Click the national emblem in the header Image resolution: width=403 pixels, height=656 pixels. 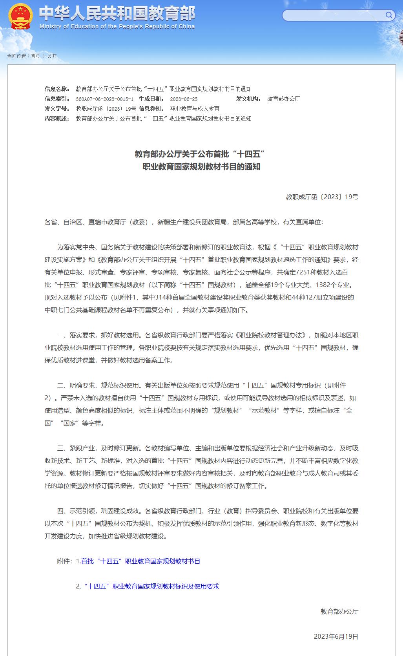(x=20, y=16)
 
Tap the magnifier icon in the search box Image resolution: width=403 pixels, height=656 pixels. (x=388, y=15)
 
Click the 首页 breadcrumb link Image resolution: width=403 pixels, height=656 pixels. (x=35, y=56)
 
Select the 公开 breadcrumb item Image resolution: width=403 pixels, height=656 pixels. (x=52, y=56)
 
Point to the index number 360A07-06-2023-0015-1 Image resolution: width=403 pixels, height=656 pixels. (x=104, y=99)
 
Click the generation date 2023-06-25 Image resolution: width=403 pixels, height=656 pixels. (x=184, y=99)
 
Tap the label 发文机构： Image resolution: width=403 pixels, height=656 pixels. (x=249, y=99)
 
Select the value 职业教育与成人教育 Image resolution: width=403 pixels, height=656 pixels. (x=195, y=109)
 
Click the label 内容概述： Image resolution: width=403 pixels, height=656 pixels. (x=57, y=119)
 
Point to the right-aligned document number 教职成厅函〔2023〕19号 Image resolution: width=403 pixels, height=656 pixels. (x=322, y=197)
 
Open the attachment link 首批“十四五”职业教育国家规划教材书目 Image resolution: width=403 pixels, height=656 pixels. (x=140, y=561)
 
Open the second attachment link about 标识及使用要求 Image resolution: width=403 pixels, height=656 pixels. (x=151, y=587)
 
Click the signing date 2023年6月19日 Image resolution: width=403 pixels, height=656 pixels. (x=336, y=637)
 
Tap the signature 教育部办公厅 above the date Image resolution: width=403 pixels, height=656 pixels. (x=339, y=612)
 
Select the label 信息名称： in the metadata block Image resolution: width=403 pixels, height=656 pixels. (x=57, y=89)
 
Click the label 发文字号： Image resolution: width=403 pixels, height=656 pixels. (x=57, y=109)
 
